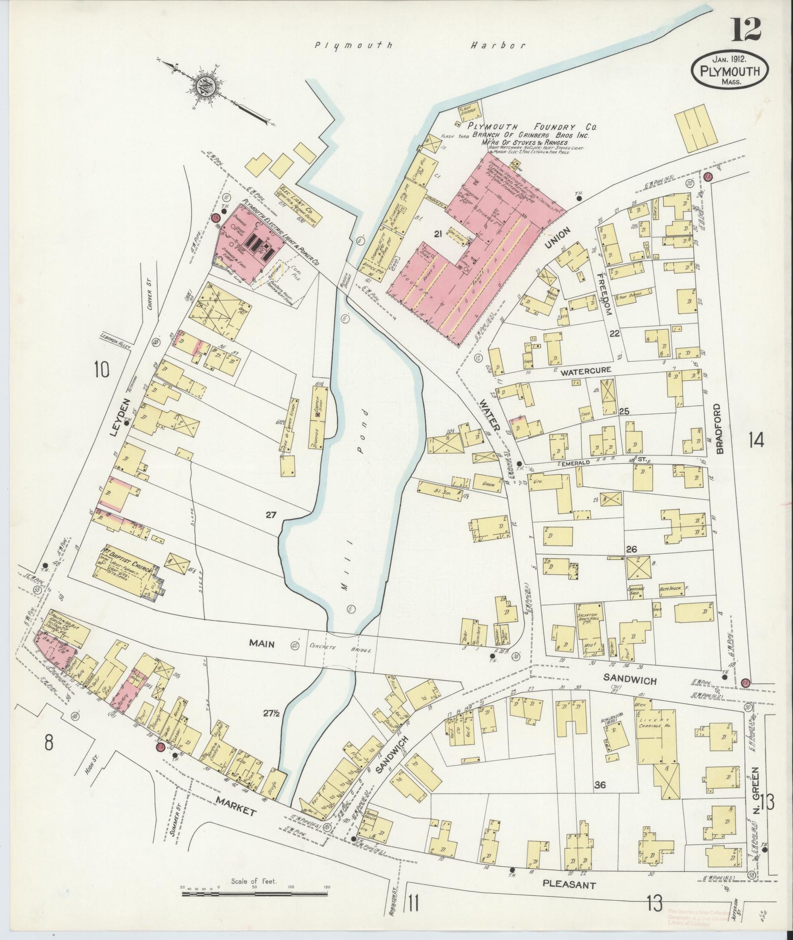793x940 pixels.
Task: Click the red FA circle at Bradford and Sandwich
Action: [x=745, y=682]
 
